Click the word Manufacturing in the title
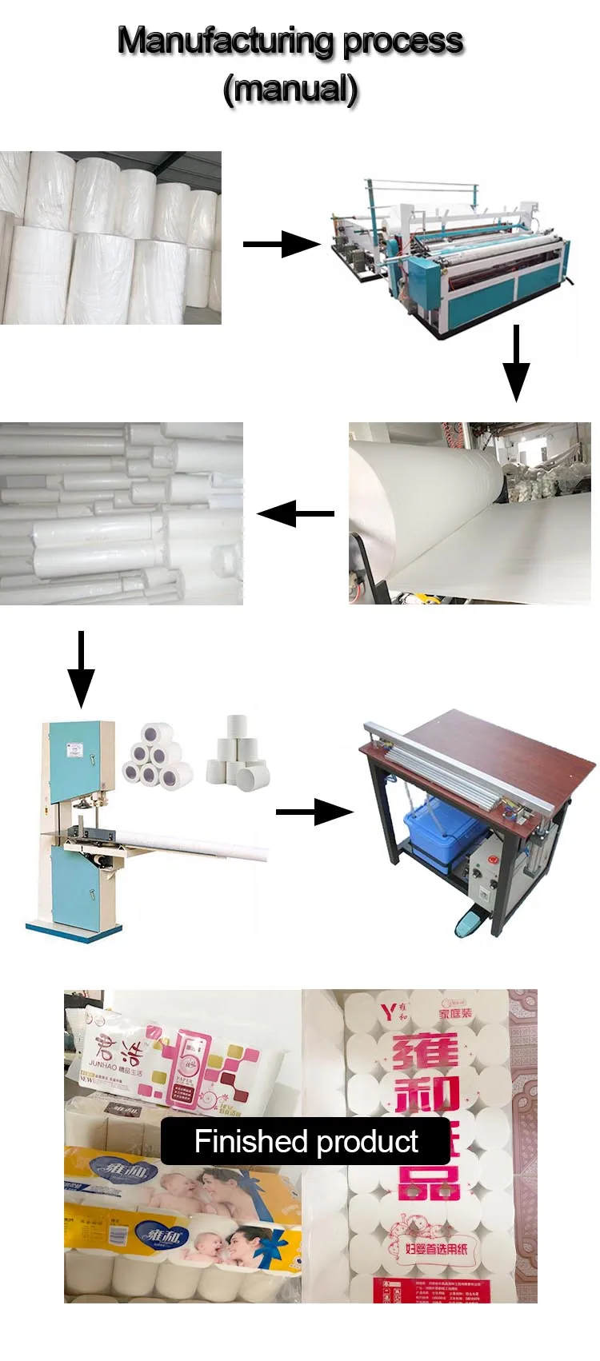point(226,40)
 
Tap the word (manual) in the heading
point(290,88)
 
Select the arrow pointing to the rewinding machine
point(281,244)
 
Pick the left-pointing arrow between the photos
point(295,513)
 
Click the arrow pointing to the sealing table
point(314,812)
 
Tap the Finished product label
point(306,1141)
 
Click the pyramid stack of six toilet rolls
point(157,756)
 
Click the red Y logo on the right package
point(388,1013)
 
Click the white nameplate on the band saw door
point(74,749)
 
